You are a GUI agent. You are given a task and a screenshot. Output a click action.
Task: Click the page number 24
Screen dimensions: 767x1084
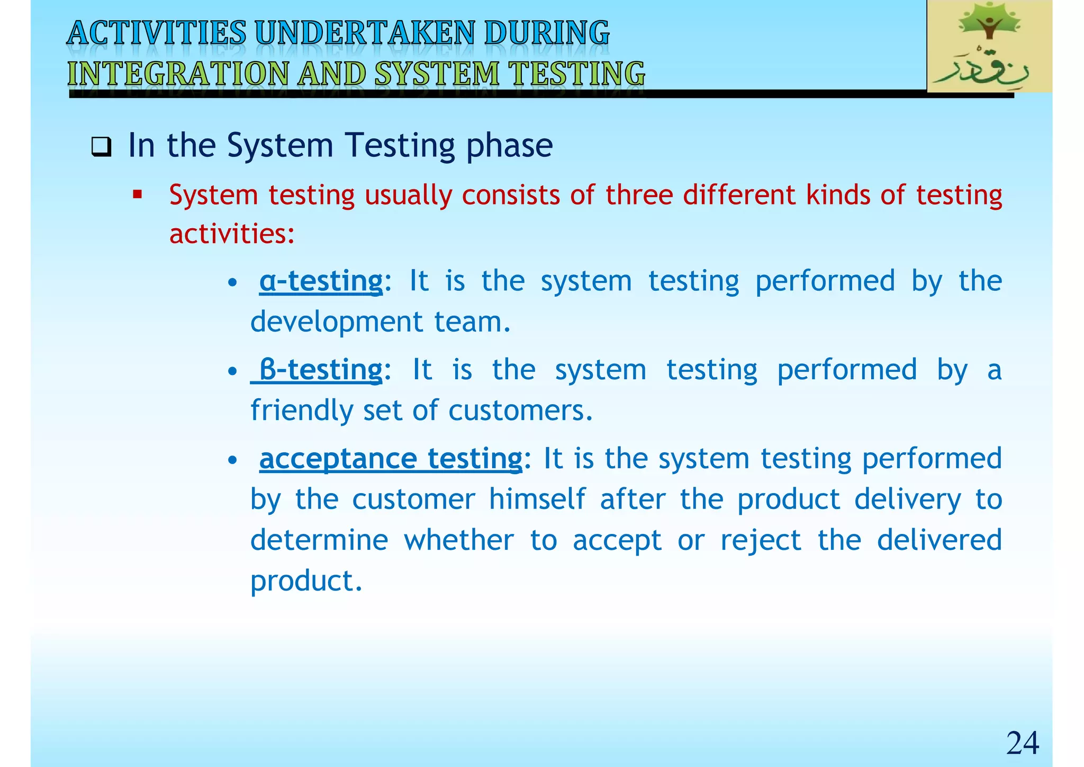pyautogui.click(x=1022, y=743)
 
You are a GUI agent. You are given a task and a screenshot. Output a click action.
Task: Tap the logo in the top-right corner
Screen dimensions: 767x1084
pyautogui.click(x=989, y=47)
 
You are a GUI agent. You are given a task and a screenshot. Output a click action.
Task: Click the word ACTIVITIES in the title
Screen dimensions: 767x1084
pyautogui.click(x=157, y=33)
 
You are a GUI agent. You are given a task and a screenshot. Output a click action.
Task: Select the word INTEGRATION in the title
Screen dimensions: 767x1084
pyautogui.click(x=177, y=74)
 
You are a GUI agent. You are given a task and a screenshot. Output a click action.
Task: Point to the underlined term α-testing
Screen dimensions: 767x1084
pyautogui.click(x=321, y=281)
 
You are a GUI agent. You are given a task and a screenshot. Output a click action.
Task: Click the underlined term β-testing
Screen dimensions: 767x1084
pyautogui.click(x=321, y=370)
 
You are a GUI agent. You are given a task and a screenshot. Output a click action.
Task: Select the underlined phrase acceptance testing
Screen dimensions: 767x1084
pyautogui.click(x=391, y=458)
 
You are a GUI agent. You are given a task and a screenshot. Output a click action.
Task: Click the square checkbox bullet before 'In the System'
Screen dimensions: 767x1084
pyautogui.click(x=101, y=147)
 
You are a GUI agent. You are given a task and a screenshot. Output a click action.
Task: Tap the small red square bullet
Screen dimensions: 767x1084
pyautogui.click(x=138, y=195)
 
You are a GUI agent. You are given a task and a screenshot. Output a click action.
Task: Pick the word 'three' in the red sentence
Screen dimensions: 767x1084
pyautogui.click(x=639, y=194)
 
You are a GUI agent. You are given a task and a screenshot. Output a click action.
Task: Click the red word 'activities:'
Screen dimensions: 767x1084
pyautogui.click(x=232, y=234)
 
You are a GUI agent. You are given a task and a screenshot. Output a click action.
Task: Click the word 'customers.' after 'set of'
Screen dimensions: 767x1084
pyautogui.click(x=521, y=410)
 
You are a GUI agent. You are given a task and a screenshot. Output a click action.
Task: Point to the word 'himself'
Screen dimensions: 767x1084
pyautogui.click(x=537, y=499)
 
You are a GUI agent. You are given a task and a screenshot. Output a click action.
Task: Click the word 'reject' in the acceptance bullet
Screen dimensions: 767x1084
pyautogui.click(x=761, y=540)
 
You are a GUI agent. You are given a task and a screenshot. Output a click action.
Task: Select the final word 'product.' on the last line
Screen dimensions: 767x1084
pyautogui.click(x=306, y=581)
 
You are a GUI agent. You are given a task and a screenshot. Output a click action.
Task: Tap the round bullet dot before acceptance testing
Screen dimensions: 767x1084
pyautogui.click(x=232, y=460)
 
